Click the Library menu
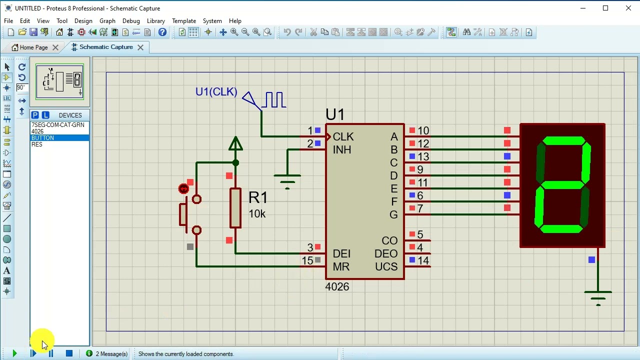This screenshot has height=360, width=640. click(155, 21)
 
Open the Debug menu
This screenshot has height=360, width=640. click(131, 21)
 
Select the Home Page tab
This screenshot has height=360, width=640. click(33, 47)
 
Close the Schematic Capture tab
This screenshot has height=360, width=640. click(140, 47)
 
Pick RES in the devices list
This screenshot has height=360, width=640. click(37, 144)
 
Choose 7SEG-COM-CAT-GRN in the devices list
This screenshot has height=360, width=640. click(57, 125)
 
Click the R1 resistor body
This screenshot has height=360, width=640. click(235, 208)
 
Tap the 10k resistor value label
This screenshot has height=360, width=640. click(257, 214)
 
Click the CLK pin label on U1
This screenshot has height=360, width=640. click(343, 137)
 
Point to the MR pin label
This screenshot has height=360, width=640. click(341, 267)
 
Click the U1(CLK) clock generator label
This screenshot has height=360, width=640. click(216, 92)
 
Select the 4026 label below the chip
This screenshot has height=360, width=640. click(337, 287)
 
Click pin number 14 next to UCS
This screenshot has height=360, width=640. click(423, 260)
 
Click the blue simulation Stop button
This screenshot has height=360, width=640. click(69, 353)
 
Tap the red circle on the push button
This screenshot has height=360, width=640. click(183, 189)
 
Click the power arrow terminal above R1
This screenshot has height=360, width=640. click(235, 144)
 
